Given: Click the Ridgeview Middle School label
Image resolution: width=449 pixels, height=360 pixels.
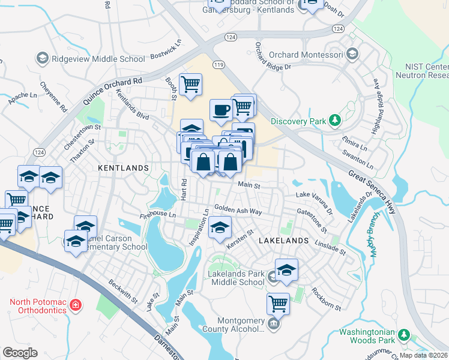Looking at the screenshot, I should click(98, 59).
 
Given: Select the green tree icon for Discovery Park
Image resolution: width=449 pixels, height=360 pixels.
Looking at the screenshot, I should click(335, 121).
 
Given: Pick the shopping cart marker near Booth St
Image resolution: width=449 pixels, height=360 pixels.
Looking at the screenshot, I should click(190, 85).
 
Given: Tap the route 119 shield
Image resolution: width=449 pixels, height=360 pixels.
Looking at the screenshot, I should click(217, 64).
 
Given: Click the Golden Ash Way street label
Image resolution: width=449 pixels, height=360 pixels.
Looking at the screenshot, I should click(238, 211).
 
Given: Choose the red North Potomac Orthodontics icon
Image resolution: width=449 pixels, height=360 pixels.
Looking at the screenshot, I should click(76, 305).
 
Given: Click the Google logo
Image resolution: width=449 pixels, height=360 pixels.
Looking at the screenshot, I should click(20, 352).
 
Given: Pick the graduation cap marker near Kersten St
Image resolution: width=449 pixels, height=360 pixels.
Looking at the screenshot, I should click(220, 229).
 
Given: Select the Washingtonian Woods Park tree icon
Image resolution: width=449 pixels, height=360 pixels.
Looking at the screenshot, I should click(404, 334).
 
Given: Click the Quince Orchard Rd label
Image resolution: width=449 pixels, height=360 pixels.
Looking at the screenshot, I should click(113, 90).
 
